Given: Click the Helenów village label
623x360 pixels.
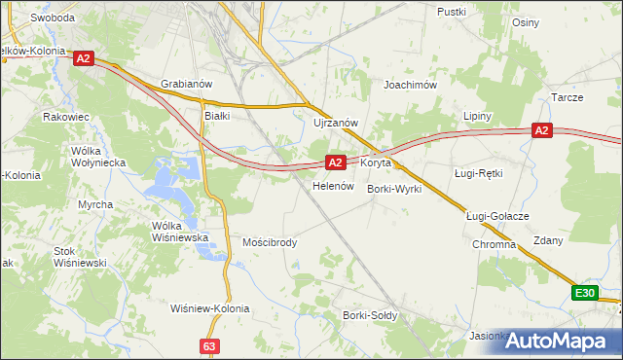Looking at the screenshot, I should click(331, 185).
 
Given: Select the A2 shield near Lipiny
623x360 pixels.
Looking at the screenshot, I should click(542, 130).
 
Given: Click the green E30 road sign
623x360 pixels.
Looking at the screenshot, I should click(584, 293).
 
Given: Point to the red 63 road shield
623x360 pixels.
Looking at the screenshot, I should click(209, 345).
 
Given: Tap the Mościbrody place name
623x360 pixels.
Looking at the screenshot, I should click(270, 242).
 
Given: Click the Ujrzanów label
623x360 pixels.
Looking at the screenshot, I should click(337, 123).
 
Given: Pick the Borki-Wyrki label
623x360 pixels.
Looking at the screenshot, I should click(394, 189).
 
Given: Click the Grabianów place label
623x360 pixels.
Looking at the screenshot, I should click(186, 85).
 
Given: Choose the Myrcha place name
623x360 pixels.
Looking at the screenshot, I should click(95, 204).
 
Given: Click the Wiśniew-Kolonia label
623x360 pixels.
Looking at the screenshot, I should click(209, 308).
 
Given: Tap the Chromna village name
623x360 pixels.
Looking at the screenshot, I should click(494, 245).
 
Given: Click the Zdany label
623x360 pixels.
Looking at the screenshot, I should click(548, 240).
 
